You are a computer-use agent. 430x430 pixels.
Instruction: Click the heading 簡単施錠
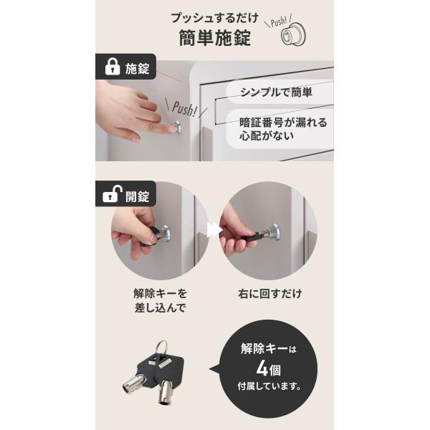(215, 38)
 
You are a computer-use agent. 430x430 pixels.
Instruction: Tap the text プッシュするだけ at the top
(215, 18)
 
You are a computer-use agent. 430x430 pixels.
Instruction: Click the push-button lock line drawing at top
(293, 34)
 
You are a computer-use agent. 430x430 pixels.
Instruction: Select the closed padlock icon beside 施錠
(113, 67)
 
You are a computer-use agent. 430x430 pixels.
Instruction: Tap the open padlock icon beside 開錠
(113, 194)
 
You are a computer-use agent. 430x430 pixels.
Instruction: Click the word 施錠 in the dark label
(137, 69)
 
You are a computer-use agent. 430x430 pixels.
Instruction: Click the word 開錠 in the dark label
(137, 196)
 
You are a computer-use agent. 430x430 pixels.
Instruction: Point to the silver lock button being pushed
(177, 128)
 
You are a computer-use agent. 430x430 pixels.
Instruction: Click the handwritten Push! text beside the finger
(185, 109)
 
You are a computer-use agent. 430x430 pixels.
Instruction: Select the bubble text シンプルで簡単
(276, 92)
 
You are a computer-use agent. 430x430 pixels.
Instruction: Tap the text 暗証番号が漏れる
(283, 123)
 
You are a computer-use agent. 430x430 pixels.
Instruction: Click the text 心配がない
(267, 135)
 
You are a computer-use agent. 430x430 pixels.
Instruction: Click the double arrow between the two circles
(214, 230)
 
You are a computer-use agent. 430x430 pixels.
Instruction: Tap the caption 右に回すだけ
(270, 294)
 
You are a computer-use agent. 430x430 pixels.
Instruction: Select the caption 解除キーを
(160, 294)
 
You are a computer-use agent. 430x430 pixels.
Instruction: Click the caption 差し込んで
(160, 307)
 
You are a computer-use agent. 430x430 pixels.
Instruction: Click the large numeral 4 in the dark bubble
(262, 368)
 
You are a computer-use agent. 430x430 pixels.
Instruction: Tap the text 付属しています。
(269, 386)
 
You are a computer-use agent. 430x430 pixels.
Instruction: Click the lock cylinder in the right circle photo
(272, 231)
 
